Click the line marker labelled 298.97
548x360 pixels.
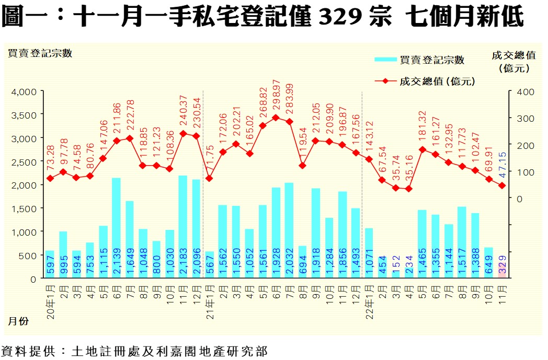coord(276,118)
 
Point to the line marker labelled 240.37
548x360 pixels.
coord(183,133)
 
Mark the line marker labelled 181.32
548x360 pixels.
coord(422,149)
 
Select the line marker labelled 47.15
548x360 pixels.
coord(502,185)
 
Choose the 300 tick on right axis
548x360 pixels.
coord(524,119)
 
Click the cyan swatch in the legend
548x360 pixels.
coord(385,60)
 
